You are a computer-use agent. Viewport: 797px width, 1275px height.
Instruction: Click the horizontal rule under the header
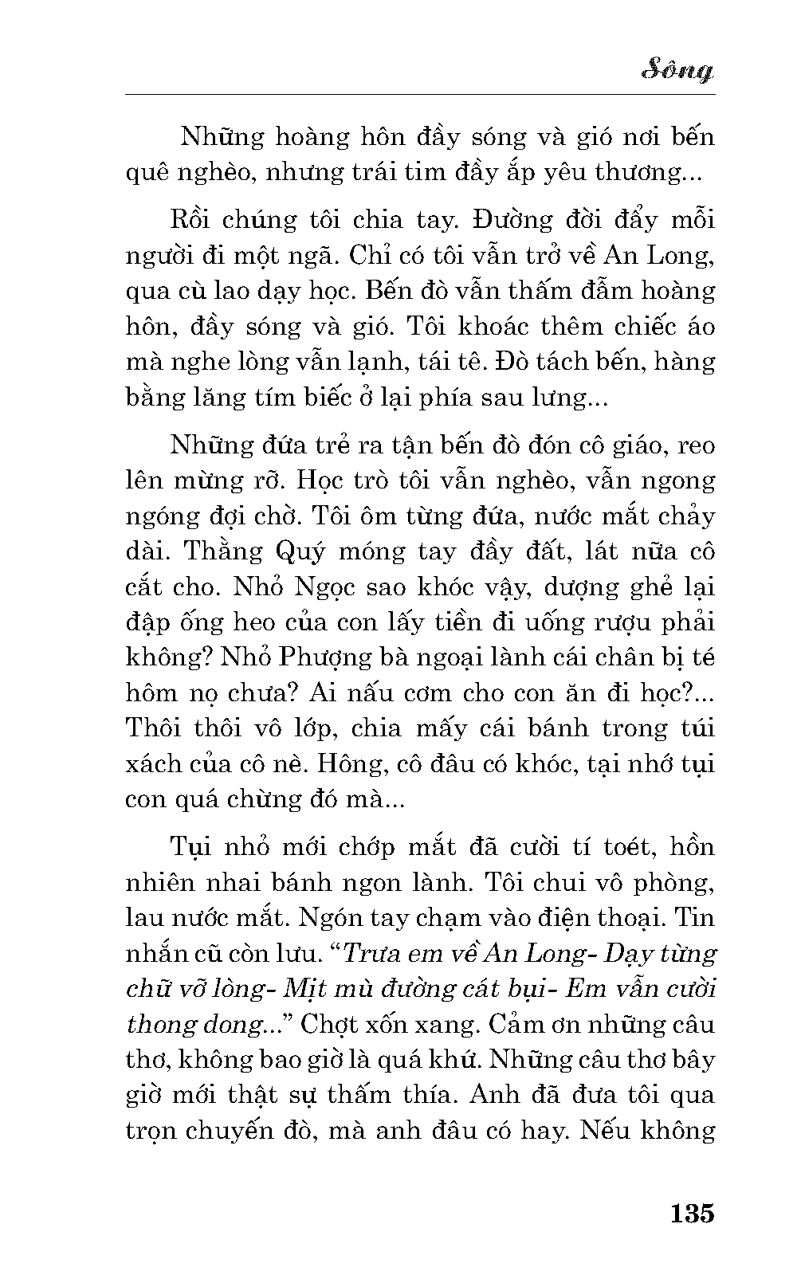pyautogui.click(x=420, y=95)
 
